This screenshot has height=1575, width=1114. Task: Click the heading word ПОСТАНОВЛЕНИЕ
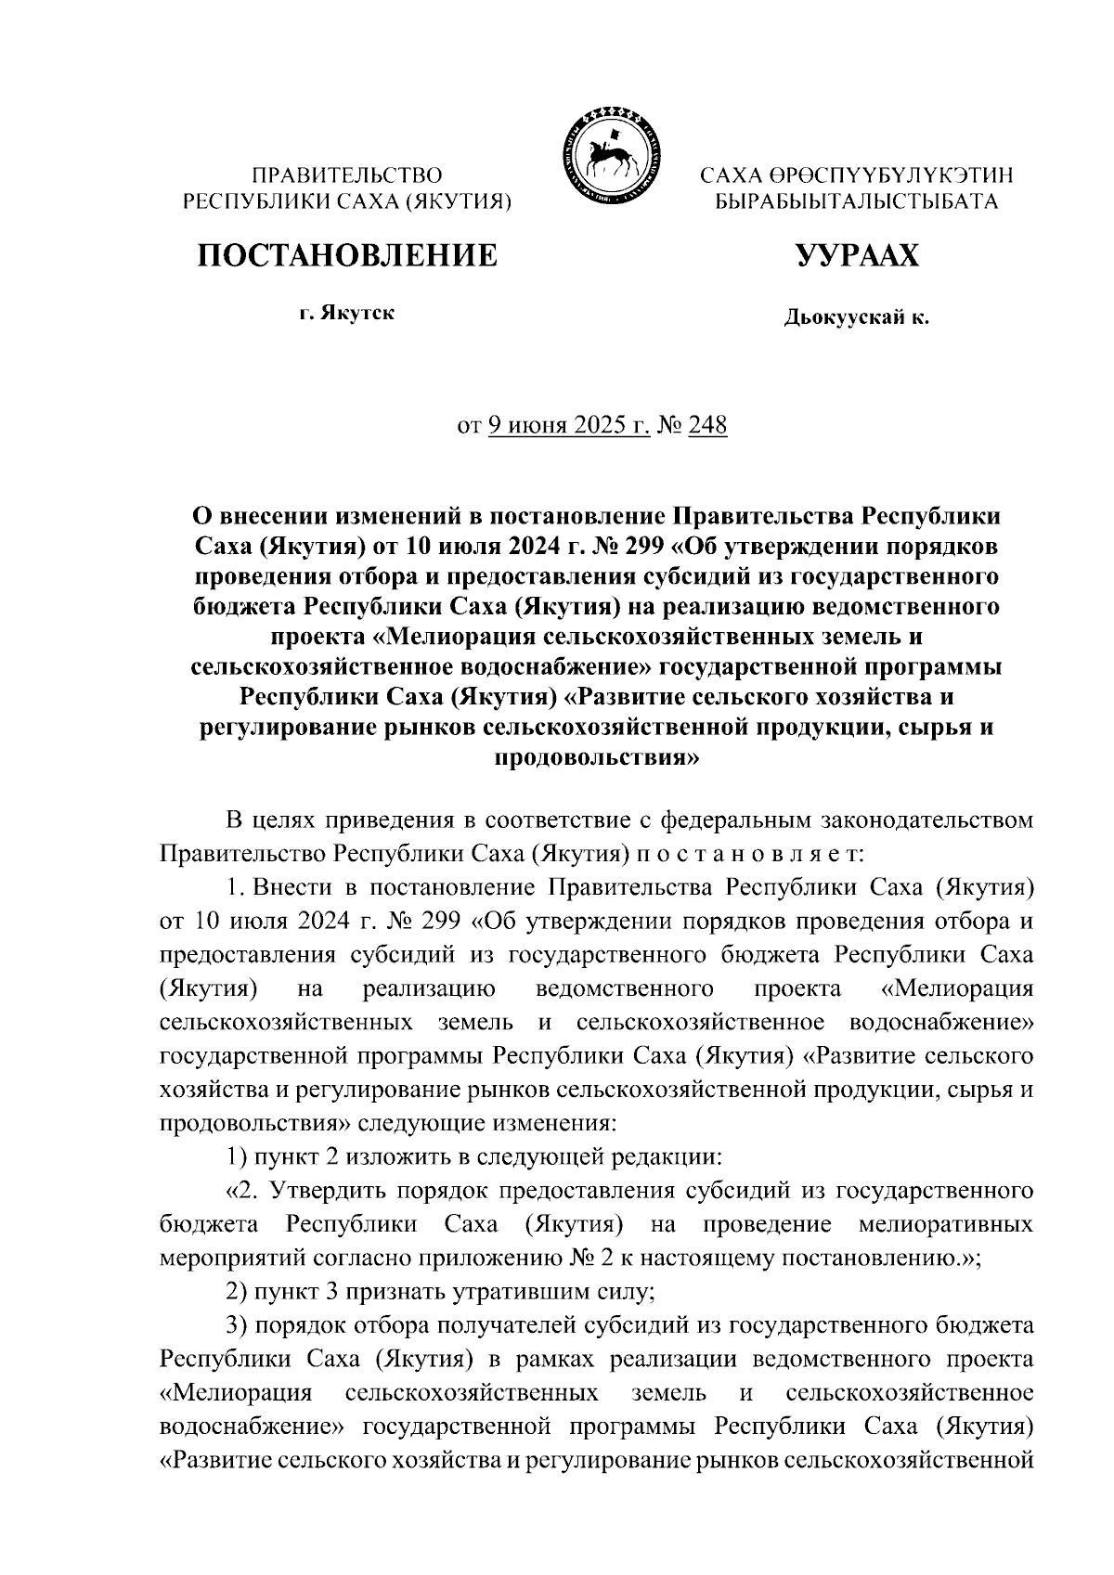345,255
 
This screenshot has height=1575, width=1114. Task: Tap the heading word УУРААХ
856,255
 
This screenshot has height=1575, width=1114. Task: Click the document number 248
708,426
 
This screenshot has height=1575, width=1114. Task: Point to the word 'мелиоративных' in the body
946,1224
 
